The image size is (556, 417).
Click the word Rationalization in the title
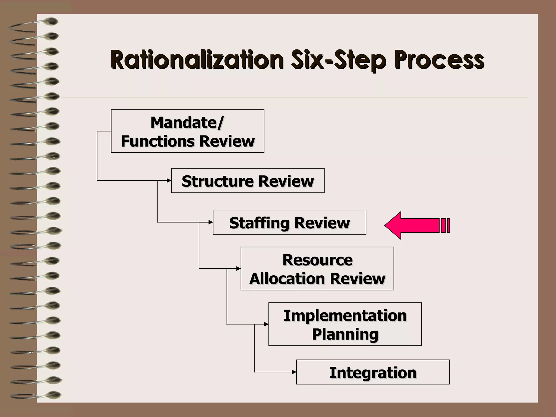(x=197, y=60)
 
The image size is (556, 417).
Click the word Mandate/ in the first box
(x=187, y=122)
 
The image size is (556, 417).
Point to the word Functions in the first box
(x=158, y=141)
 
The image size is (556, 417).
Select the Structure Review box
(x=248, y=181)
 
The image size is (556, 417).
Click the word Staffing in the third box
(x=259, y=223)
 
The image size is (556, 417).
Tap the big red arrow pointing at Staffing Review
(x=413, y=226)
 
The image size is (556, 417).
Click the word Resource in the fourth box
(x=317, y=260)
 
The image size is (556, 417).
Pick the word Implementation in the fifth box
(x=345, y=315)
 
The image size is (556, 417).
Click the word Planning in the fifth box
(x=345, y=334)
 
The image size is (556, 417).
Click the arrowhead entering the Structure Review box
(x=169, y=181)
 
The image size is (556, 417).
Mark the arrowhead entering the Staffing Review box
(x=211, y=222)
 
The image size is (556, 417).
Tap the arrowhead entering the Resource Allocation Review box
(x=239, y=269)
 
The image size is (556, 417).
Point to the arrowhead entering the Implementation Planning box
(x=266, y=324)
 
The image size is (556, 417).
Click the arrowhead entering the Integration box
(x=294, y=372)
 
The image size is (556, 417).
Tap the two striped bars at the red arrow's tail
(x=445, y=226)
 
